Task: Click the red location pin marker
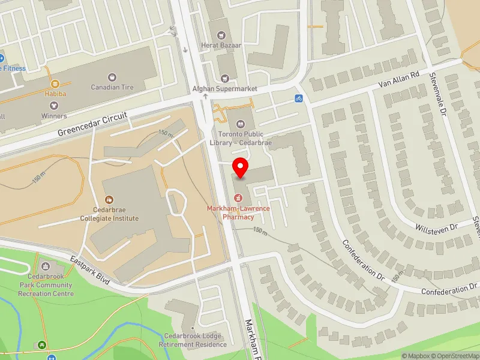pos(241,167)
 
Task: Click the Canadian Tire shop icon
pos(112,77)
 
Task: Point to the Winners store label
pos(54,116)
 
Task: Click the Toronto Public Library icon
pos(241,124)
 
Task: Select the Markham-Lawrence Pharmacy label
pos(238,212)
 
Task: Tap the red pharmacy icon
pos(238,197)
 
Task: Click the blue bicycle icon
pos(298,98)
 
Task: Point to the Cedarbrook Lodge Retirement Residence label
pos(193,340)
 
